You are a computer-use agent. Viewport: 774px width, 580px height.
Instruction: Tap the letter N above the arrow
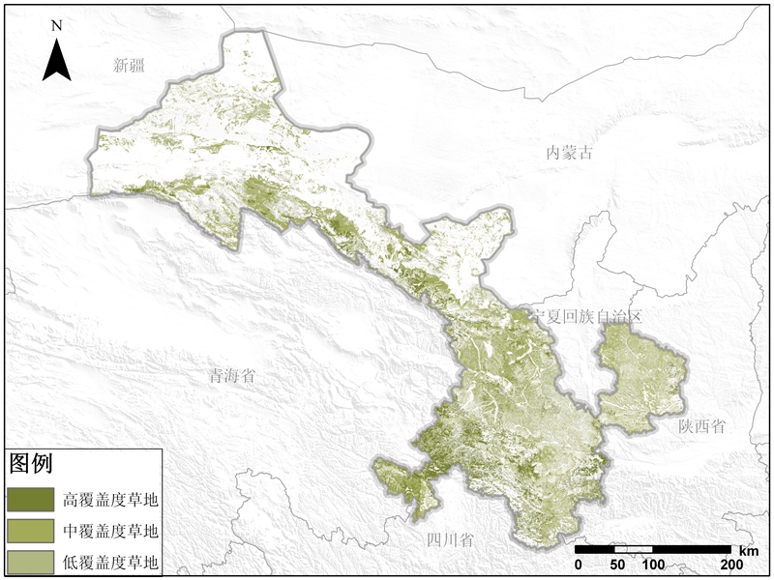(x=57, y=26)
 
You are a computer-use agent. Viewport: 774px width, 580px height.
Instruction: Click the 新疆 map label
(x=134, y=66)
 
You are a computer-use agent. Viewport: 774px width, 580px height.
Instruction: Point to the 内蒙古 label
(x=569, y=152)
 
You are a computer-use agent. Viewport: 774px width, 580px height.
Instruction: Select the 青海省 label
(x=233, y=376)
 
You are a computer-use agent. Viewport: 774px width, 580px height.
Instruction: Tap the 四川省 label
(x=450, y=539)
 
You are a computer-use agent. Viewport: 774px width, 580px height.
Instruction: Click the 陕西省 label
(x=701, y=426)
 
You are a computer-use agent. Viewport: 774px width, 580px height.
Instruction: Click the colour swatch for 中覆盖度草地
(x=30, y=531)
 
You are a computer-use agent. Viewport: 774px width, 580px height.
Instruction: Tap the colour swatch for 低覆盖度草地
(x=30, y=562)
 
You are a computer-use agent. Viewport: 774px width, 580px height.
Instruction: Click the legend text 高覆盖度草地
(x=109, y=500)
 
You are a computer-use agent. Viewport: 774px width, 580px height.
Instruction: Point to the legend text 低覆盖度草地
(x=109, y=562)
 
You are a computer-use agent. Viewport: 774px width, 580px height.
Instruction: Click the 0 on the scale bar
(x=578, y=565)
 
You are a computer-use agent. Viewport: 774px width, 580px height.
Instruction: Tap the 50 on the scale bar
(x=615, y=565)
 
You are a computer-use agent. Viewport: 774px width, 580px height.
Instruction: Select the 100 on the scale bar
(x=652, y=565)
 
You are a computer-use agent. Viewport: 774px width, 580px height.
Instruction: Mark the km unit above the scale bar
(x=751, y=549)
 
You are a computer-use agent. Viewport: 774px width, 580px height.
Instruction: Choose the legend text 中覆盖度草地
(x=109, y=531)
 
